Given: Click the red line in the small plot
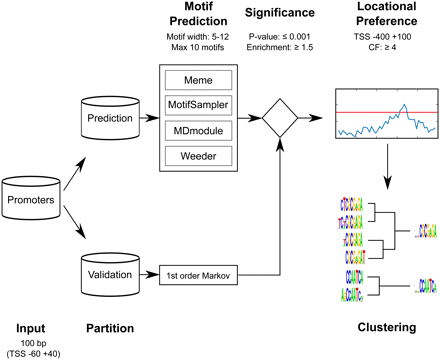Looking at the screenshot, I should coord(385,112).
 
